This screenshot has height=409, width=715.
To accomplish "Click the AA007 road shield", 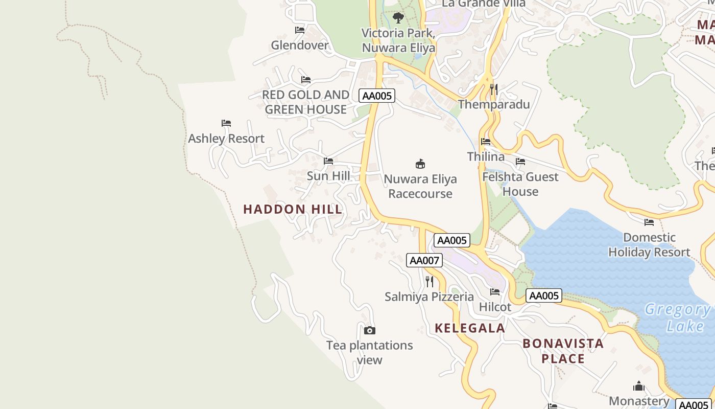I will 424,260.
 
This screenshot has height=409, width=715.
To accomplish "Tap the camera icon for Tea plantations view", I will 370,330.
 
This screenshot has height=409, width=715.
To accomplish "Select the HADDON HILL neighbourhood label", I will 293,209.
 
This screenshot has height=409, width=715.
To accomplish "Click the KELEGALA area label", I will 470,328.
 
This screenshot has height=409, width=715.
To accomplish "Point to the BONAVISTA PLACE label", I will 563,351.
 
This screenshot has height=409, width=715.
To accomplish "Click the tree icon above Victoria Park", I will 398,18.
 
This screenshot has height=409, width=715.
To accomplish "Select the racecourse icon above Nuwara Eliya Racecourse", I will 420,164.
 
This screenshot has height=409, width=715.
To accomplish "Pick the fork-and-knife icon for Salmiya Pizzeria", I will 430,282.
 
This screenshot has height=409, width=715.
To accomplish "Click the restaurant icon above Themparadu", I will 493,89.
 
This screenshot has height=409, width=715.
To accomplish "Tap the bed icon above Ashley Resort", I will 226,123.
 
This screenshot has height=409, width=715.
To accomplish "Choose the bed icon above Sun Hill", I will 328,161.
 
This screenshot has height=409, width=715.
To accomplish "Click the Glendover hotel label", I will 300,45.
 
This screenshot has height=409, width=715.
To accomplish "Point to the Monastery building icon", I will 639,386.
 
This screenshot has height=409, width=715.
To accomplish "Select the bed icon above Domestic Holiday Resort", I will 649,222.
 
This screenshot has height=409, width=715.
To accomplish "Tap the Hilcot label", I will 495,307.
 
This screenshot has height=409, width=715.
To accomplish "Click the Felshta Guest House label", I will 520,184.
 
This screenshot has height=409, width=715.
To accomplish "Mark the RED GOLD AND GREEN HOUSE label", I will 305,102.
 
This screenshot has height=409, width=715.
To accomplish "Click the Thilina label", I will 486,156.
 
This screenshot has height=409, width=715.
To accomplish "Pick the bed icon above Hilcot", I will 495,292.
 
